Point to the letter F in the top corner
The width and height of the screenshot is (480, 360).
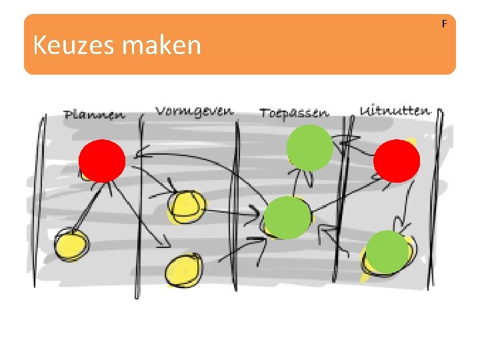pos(445,24)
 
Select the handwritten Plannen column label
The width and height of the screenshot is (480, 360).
pos(94,114)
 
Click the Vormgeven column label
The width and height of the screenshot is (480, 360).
pos(194,110)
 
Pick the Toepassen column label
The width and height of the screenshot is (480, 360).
pos(295,112)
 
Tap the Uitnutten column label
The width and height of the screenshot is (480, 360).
pos(395,110)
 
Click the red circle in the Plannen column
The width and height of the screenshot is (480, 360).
pos(102,161)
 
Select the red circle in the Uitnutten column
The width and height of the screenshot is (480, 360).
pos(397,161)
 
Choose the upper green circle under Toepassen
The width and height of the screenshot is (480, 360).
pos(309,147)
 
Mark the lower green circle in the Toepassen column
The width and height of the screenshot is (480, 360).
pos(287,217)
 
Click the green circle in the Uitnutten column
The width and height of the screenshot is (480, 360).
pos(387,252)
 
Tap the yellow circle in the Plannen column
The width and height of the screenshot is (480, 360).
pos(71,244)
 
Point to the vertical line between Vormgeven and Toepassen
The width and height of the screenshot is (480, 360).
pos(235,200)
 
